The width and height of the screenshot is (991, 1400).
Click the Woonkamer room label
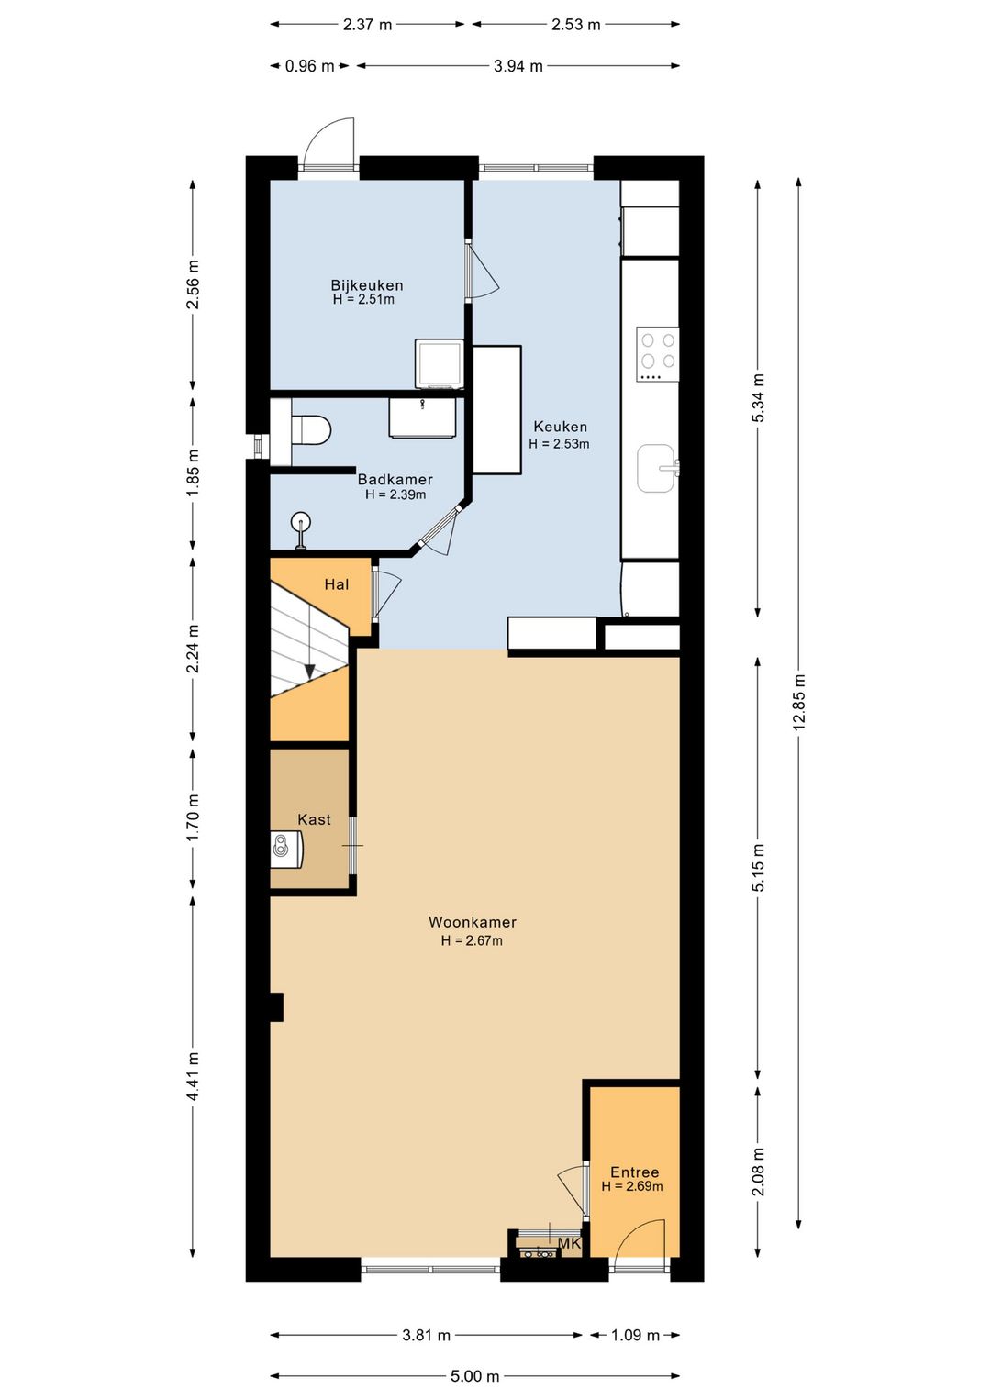472,922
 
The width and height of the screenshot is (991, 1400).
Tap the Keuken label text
560,427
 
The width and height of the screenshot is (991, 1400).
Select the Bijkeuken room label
367,285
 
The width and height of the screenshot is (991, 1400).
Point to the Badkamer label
395,480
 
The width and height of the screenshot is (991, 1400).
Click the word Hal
337,584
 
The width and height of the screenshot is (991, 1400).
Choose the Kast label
314,819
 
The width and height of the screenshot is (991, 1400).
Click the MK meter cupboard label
569,1244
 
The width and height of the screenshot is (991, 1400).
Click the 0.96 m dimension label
309,66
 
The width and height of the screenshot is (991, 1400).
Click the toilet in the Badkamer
311,429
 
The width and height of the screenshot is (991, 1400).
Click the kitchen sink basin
655,468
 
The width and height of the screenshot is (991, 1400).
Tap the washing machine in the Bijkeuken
440,363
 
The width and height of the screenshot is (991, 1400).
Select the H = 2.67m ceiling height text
472,940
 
